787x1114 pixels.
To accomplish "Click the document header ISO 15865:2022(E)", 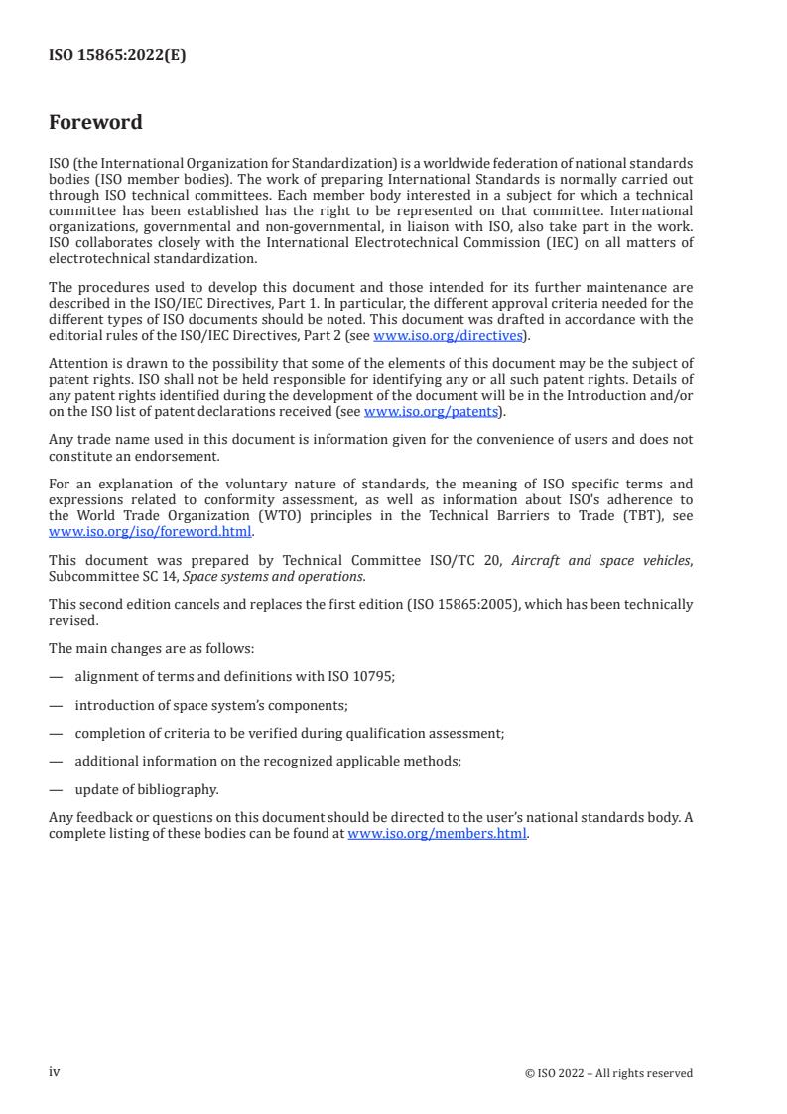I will pyautogui.click(x=117, y=56).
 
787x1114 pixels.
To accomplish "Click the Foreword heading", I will pyautogui.click(x=95, y=123).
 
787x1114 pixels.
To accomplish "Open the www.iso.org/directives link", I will pyautogui.click(x=448, y=335).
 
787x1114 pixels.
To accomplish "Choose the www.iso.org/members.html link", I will pyautogui.click(x=438, y=834).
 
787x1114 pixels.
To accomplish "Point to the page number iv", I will pyautogui.click(x=55, y=1072).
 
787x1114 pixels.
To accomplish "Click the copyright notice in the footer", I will pyautogui.click(x=608, y=1073).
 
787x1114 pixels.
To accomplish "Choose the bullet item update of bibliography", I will pyautogui.click(x=147, y=790).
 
